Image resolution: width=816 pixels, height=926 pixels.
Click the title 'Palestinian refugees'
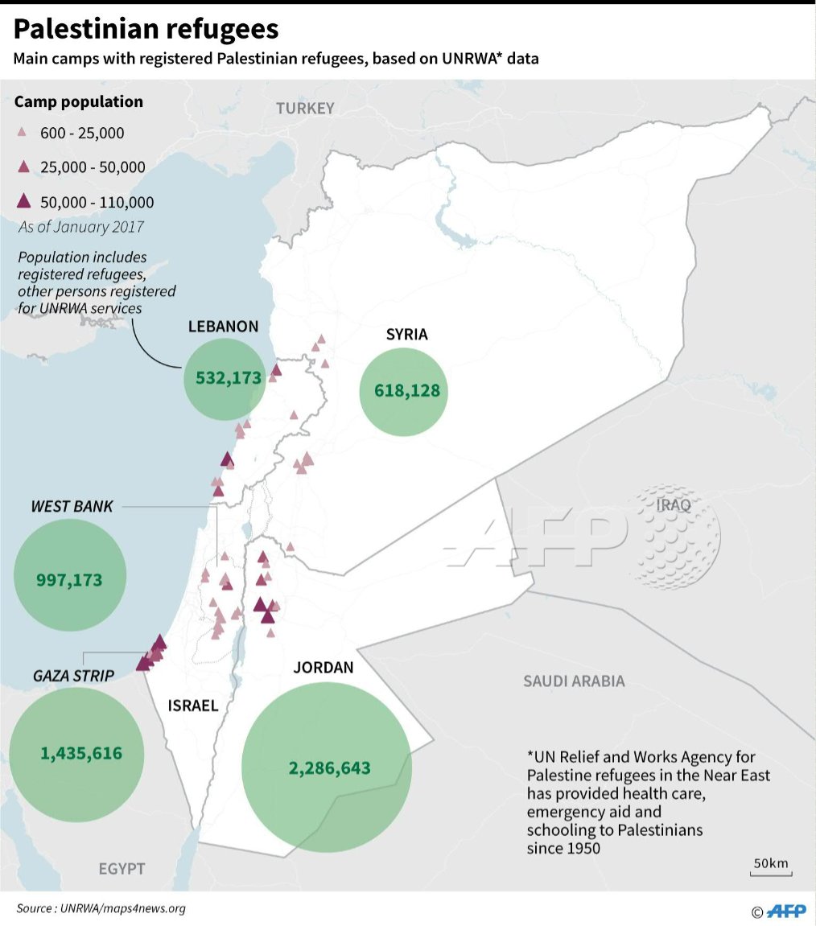click(146, 30)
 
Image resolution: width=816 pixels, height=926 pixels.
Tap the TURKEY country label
click(304, 109)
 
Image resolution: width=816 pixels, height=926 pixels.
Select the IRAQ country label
click(674, 505)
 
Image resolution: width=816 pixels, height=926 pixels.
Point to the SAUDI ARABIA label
click(573, 681)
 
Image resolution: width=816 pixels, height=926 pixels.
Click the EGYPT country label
click(122, 869)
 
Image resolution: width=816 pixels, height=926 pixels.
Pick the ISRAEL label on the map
click(193, 706)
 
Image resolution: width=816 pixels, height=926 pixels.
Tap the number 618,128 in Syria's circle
click(407, 391)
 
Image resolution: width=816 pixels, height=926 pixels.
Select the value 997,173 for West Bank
click(70, 578)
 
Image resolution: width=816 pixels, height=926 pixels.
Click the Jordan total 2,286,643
click(330, 768)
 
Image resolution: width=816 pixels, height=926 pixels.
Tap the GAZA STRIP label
click(73, 674)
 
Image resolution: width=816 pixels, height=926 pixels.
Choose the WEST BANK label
click(72, 506)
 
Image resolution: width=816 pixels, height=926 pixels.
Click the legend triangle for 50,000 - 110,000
click(24, 201)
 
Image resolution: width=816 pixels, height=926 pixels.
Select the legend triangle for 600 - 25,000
click(23, 133)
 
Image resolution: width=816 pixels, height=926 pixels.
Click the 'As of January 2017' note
click(80, 227)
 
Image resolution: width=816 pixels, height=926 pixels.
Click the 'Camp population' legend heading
click(79, 102)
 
